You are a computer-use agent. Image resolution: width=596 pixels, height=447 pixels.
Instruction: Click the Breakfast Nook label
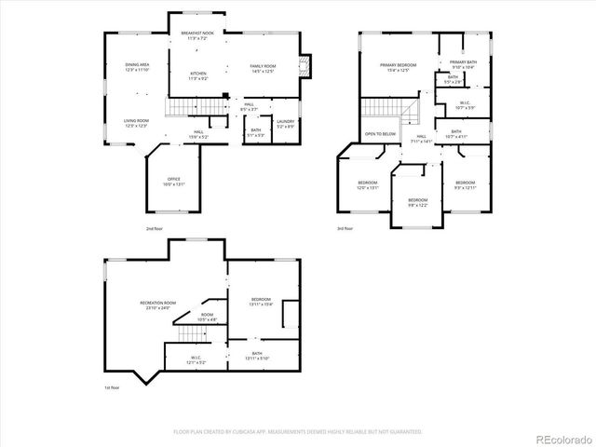[x=197, y=35]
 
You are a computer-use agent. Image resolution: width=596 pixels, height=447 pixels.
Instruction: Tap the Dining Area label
[x=137, y=67]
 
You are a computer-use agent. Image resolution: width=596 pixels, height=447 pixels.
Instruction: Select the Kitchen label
[x=198, y=76]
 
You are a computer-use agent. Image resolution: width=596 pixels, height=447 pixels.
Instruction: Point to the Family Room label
[x=263, y=68]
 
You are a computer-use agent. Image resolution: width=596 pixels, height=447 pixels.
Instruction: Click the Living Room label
[x=137, y=123]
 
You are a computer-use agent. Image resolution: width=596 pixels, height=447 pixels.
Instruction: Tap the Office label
[x=173, y=181]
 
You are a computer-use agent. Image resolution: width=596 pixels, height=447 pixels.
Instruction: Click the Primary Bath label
[x=463, y=64]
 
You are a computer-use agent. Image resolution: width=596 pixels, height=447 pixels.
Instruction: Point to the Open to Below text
[x=380, y=134]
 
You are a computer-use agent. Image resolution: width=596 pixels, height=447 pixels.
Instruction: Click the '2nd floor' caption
[x=154, y=228]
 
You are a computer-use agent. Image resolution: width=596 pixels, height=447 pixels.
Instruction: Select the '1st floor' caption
[x=113, y=387]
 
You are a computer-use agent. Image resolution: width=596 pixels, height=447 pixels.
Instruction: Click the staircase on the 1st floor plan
[x=193, y=334]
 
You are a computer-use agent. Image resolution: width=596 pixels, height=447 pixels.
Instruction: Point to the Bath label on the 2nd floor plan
[x=254, y=133]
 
